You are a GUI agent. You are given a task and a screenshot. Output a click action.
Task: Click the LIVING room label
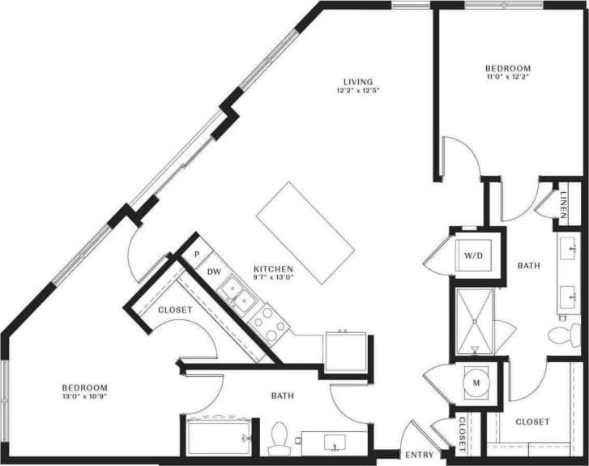tap(357, 81)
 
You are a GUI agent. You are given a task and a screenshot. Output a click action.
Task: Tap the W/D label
tap(473, 254)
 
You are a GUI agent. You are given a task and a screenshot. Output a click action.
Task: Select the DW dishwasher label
tap(214, 271)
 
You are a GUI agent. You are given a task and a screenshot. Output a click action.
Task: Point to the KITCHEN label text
tap(273, 269)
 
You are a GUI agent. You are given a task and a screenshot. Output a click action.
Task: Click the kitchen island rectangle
tap(306, 232)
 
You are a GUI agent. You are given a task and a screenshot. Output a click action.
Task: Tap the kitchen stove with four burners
tap(270, 323)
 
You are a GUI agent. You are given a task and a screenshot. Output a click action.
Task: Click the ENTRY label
tap(419, 455)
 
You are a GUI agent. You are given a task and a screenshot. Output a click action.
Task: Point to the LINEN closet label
tap(565, 203)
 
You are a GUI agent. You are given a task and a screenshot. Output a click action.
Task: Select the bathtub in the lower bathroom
tap(216, 438)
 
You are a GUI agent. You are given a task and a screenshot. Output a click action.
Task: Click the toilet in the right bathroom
tap(562, 335)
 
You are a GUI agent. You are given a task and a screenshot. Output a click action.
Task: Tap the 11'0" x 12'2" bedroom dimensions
tap(507, 78)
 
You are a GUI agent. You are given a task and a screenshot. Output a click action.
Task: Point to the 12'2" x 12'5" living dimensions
tap(357, 91)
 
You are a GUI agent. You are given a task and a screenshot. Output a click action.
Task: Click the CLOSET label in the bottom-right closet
tap(532, 421)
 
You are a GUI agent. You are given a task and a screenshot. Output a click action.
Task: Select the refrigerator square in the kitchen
tap(346, 352)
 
